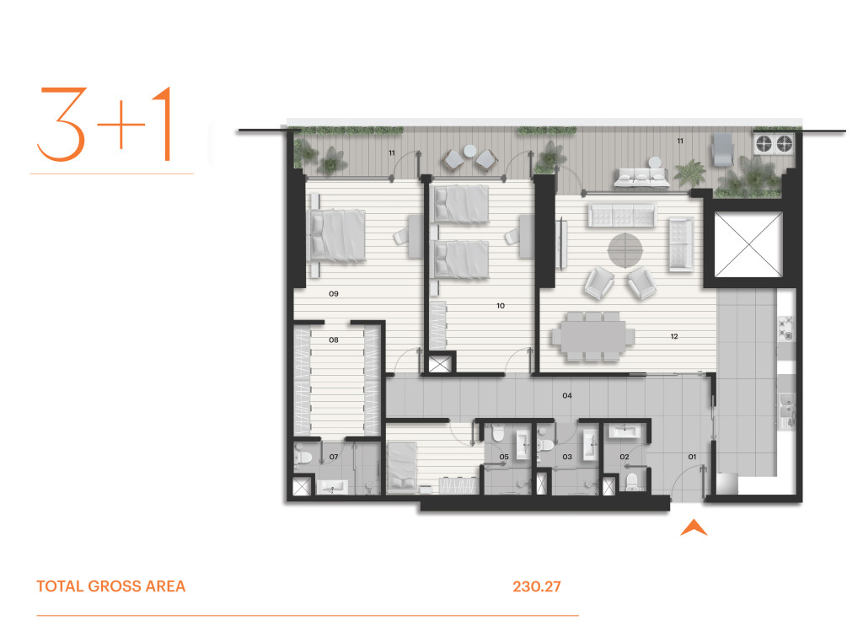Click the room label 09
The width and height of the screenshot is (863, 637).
tap(334, 294)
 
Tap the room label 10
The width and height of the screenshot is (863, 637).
tap(501, 306)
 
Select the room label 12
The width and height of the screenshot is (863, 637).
tap(674, 336)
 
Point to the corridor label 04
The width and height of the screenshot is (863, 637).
tap(567, 395)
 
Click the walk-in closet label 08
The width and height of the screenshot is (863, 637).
tap(334, 340)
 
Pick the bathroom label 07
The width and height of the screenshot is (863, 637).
tap(334, 457)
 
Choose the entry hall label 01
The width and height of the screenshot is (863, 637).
tap(692, 457)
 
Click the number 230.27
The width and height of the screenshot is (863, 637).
tap(537, 586)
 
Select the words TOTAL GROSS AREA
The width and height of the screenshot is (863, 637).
tap(111, 586)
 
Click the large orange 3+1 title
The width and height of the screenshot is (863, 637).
tap(105, 124)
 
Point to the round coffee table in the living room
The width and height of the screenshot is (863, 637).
tap(624, 251)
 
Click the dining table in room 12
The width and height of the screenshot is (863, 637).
tap(593, 335)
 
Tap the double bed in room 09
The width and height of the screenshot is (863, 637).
tap(337, 236)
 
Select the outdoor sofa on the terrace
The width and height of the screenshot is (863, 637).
tap(641, 177)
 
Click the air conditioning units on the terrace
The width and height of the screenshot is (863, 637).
tap(774, 143)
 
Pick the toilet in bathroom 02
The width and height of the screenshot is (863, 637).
tap(632, 481)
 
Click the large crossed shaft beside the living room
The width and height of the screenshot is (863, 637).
tap(748, 244)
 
